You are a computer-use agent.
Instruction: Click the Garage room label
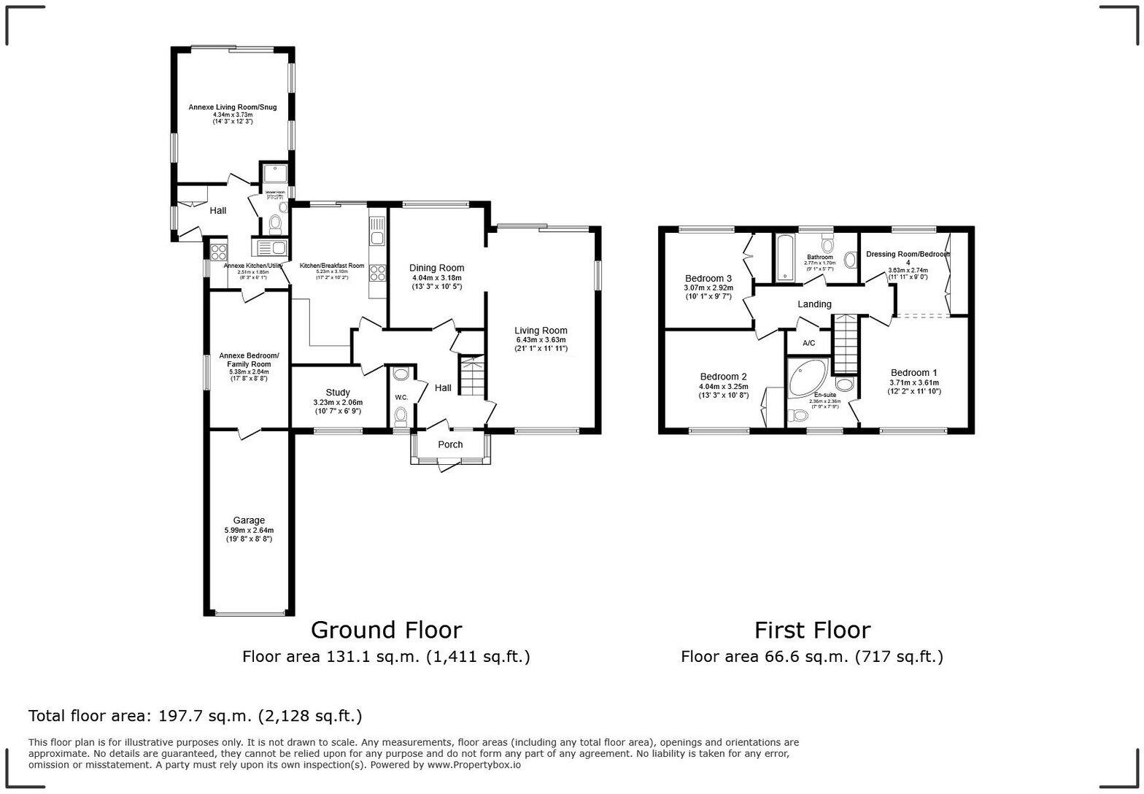(x=249, y=520)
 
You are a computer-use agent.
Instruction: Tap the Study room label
(x=338, y=393)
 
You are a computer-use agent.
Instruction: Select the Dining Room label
(x=436, y=268)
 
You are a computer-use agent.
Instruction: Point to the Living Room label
(x=541, y=331)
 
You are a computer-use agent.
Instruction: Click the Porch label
(x=450, y=444)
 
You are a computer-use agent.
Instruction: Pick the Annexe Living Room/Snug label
(x=233, y=107)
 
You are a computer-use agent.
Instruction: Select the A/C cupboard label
(x=808, y=343)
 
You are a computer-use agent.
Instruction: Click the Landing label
(x=814, y=304)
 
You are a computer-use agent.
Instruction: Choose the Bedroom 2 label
(x=723, y=377)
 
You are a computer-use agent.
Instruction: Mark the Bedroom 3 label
(x=708, y=278)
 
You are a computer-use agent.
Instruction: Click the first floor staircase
(x=846, y=343)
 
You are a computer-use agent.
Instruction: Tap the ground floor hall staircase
(x=471, y=376)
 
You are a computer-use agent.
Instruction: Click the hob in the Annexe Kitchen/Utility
(x=218, y=252)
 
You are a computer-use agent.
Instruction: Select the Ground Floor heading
(x=386, y=630)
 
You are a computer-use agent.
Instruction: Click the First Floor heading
(x=812, y=630)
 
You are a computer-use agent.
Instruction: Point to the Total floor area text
(x=195, y=716)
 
